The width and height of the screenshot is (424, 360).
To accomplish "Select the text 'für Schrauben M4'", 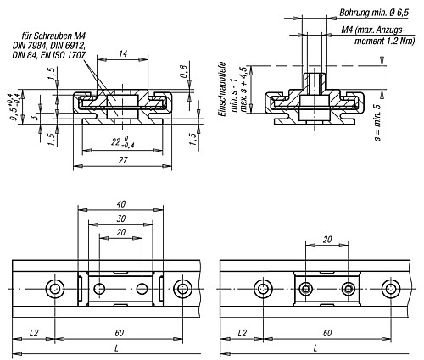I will coord(50,34).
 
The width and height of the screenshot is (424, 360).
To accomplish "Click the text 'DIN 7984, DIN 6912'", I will coord(51,44).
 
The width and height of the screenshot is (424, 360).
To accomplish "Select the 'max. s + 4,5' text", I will coord(243,88).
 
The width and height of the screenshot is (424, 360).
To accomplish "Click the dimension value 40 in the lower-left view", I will coord(121,204).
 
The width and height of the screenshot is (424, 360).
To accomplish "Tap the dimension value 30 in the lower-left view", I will coord(121,218).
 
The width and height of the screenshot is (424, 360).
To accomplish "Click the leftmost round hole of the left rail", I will coord(56,290).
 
